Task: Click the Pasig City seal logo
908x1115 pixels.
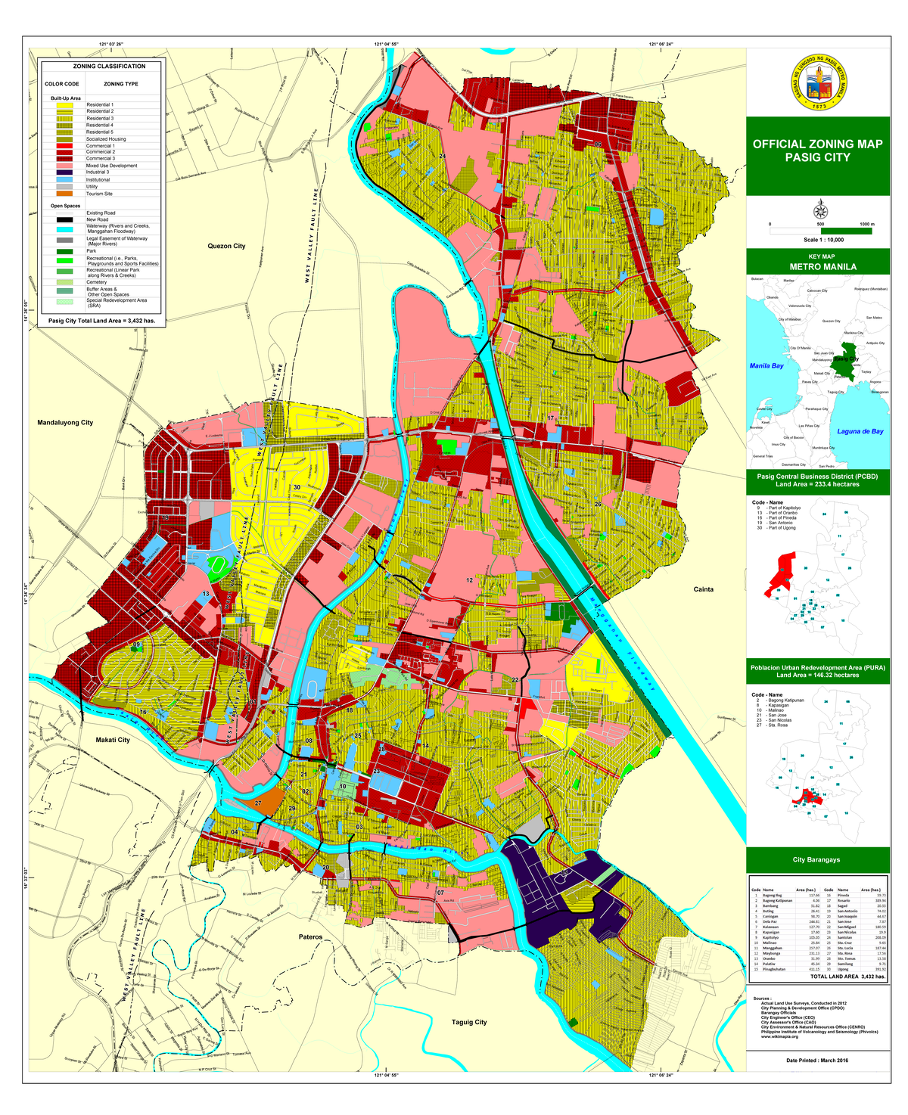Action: pos(817,83)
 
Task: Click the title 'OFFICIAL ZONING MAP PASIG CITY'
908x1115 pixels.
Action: pos(817,151)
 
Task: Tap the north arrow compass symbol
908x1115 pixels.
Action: pos(819,211)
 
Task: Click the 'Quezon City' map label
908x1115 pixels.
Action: pos(227,247)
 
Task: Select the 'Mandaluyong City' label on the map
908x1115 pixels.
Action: pos(65,423)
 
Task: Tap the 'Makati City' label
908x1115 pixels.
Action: pos(113,740)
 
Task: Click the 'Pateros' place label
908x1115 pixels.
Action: pos(310,937)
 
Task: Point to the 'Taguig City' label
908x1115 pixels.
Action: pos(469,1022)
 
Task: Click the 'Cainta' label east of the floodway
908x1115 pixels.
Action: pos(703,589)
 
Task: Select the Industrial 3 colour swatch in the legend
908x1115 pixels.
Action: pos(64,172)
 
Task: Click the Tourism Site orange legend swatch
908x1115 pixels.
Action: pos(64,194)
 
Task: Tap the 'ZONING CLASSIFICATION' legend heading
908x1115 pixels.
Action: pos(104,67)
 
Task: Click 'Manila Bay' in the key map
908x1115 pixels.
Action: pos(767,366)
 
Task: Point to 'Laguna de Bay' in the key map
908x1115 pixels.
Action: pos(860,431)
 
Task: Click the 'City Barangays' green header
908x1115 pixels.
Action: pos(817,860)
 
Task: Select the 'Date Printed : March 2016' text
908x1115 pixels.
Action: pos(817,1061)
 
